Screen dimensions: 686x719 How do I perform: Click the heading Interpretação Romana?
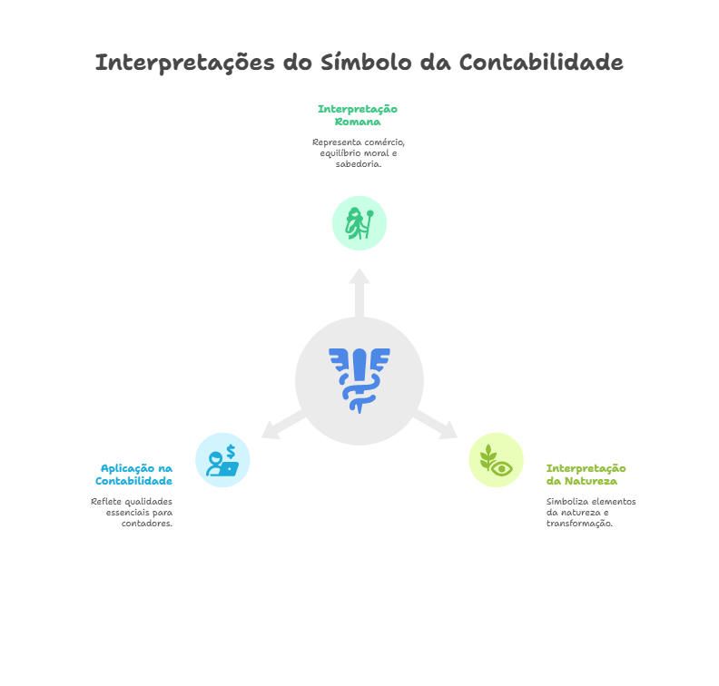358,115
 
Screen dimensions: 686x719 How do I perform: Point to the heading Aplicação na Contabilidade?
135,474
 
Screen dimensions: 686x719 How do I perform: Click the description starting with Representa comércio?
358,153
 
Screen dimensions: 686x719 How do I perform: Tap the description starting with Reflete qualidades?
132,513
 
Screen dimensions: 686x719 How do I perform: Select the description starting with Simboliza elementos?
590,513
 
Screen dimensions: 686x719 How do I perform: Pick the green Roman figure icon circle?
359,222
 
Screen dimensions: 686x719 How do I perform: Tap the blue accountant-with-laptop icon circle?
222,460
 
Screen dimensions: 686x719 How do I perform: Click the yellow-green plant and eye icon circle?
496,460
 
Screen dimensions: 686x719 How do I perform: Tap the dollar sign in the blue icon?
231,450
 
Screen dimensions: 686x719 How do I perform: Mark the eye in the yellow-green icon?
502,467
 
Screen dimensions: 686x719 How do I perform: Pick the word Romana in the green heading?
358,122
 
